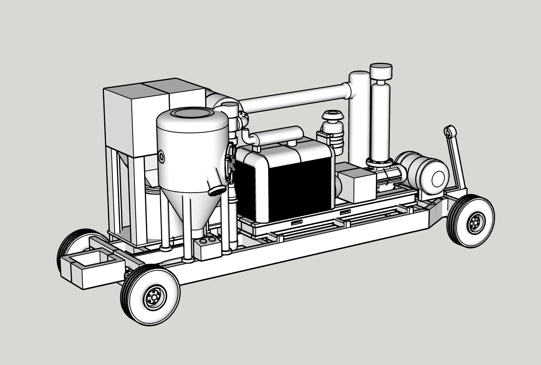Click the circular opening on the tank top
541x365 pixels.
coord(192,114)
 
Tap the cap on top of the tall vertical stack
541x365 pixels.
coord(381,71)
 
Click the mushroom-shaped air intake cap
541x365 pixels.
coord(332,115)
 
